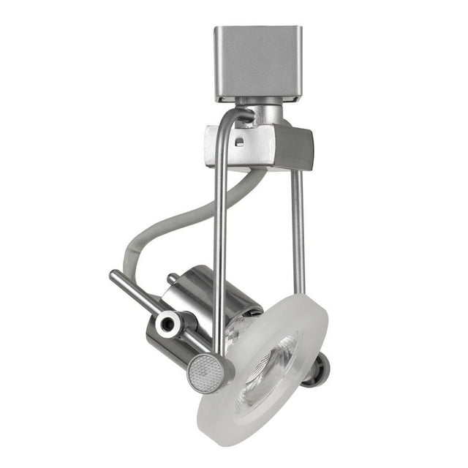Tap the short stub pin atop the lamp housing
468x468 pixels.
click(173, 279)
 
